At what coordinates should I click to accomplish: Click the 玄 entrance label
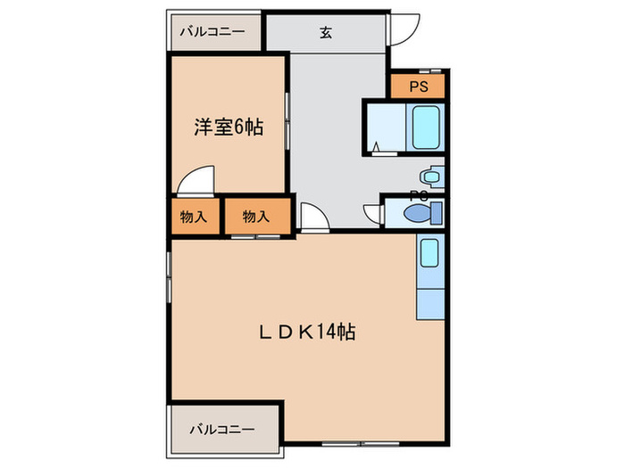(x=326, y=35)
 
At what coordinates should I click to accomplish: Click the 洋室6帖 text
(x=229, y=127)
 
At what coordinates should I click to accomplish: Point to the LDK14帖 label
(x=308, y=333)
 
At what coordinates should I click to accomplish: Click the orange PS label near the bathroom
(x=418, y=86)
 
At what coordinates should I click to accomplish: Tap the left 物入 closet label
(x=194, y=216)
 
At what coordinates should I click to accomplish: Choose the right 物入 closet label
(x=257, y=216)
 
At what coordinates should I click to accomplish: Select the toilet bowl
(x=420, y=214)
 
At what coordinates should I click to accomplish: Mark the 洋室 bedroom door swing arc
(x=195, y=181)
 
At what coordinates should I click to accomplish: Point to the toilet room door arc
(x=371, y=214)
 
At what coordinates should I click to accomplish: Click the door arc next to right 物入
(x=312, y=217)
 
